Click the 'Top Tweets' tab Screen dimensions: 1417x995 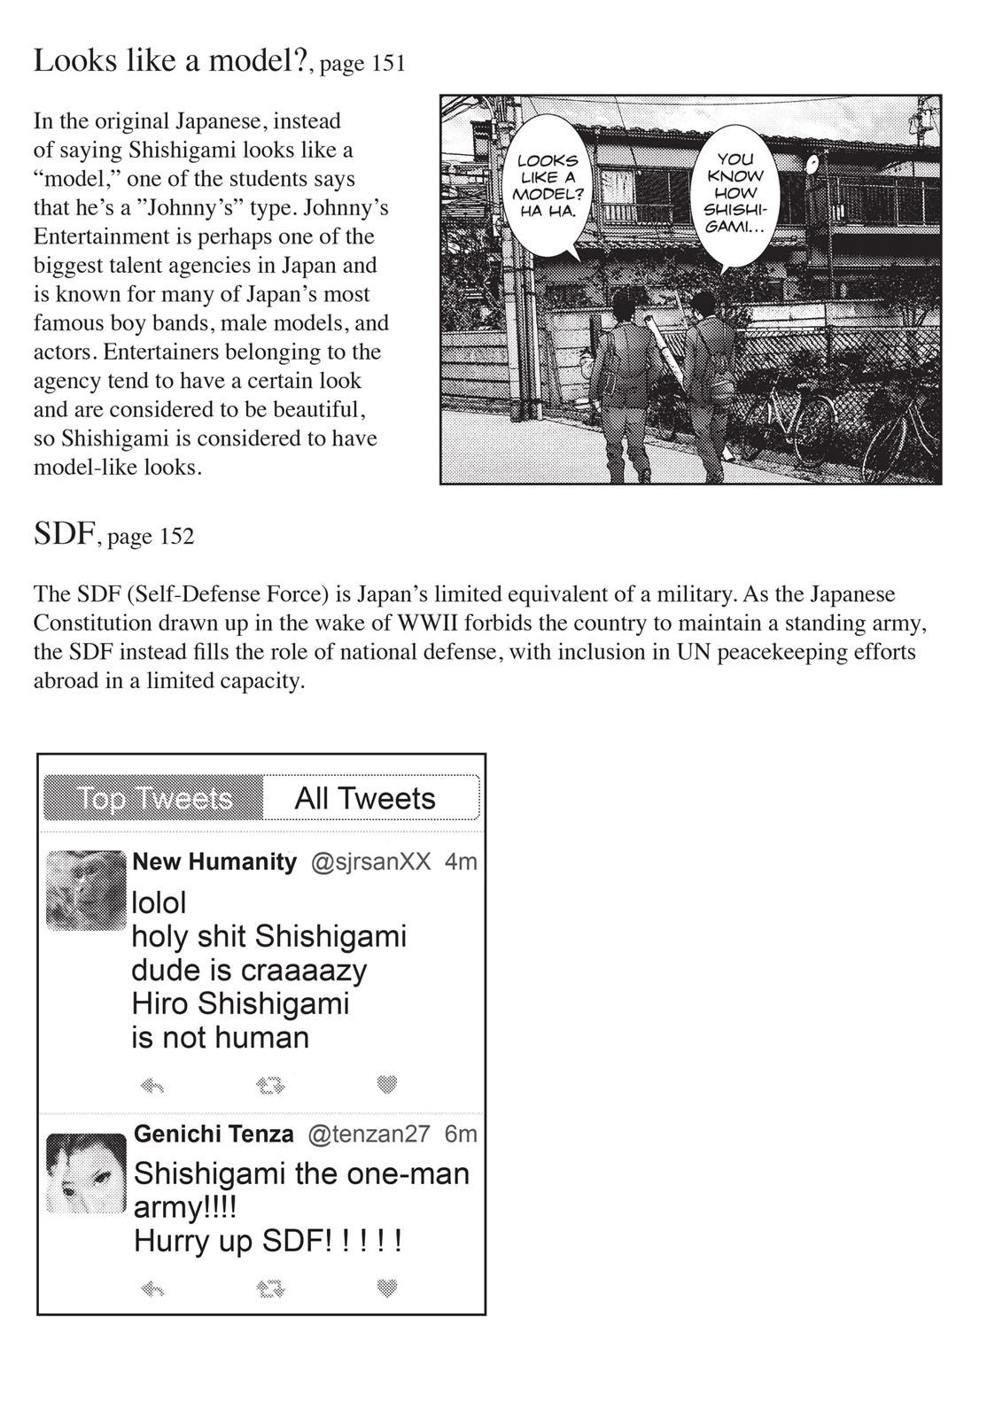(154, 798)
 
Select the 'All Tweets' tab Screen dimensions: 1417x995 (365, 798)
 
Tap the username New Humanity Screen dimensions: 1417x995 (214, 862)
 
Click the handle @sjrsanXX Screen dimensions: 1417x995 (370, 862)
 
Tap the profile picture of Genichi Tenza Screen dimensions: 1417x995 (86, 1173)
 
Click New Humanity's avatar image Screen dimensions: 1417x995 (86, 890)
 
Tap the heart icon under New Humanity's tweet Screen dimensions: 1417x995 (386, 1084)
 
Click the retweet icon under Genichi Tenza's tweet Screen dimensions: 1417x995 (270, 1289)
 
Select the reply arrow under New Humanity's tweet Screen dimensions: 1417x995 (152, 1085)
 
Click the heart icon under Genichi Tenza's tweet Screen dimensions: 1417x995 (386, 1288)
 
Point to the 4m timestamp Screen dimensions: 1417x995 (461, 862)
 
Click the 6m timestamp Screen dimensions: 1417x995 (461, 1134)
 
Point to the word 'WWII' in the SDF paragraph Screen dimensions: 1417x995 (427, 623)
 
